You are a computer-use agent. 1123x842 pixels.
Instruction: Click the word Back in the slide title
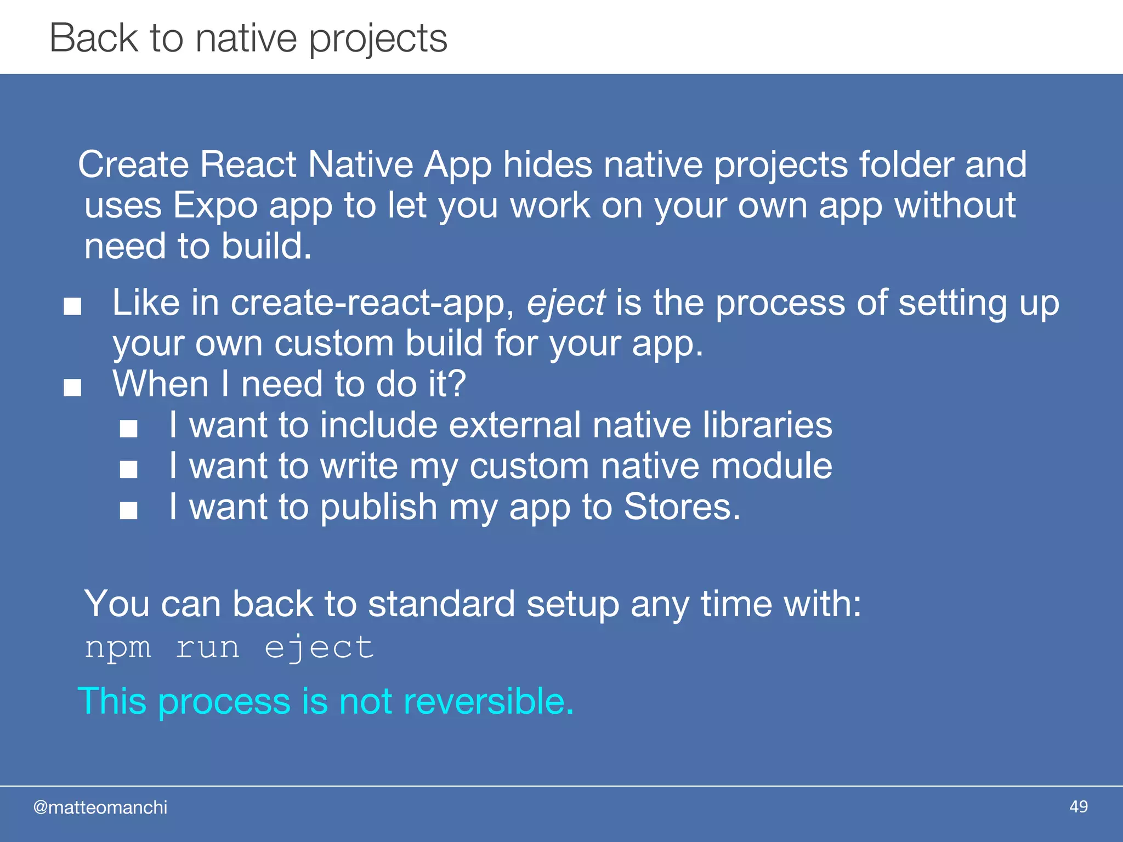coord(94,38)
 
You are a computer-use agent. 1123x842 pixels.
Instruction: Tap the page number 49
coord(1078,807)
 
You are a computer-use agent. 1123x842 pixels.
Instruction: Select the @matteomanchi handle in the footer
coord(100,807)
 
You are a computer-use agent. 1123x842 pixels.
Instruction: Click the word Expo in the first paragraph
coord(215,206)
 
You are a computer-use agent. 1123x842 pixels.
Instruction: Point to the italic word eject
coord(566,303)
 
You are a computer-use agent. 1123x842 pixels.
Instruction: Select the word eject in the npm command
coord(319,647)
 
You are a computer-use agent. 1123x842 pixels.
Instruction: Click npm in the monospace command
coord(118,647)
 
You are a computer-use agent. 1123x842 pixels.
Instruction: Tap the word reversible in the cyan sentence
coord(488,701)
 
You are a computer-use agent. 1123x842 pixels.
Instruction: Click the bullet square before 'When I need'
coord(72,388)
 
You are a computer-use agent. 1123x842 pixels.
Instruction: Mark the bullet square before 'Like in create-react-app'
coord(72,306)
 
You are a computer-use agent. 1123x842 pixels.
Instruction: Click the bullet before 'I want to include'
coord(129,429)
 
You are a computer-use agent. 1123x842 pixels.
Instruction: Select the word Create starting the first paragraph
coord(133,164)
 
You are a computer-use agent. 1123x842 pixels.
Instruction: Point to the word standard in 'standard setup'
coord(441,604)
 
